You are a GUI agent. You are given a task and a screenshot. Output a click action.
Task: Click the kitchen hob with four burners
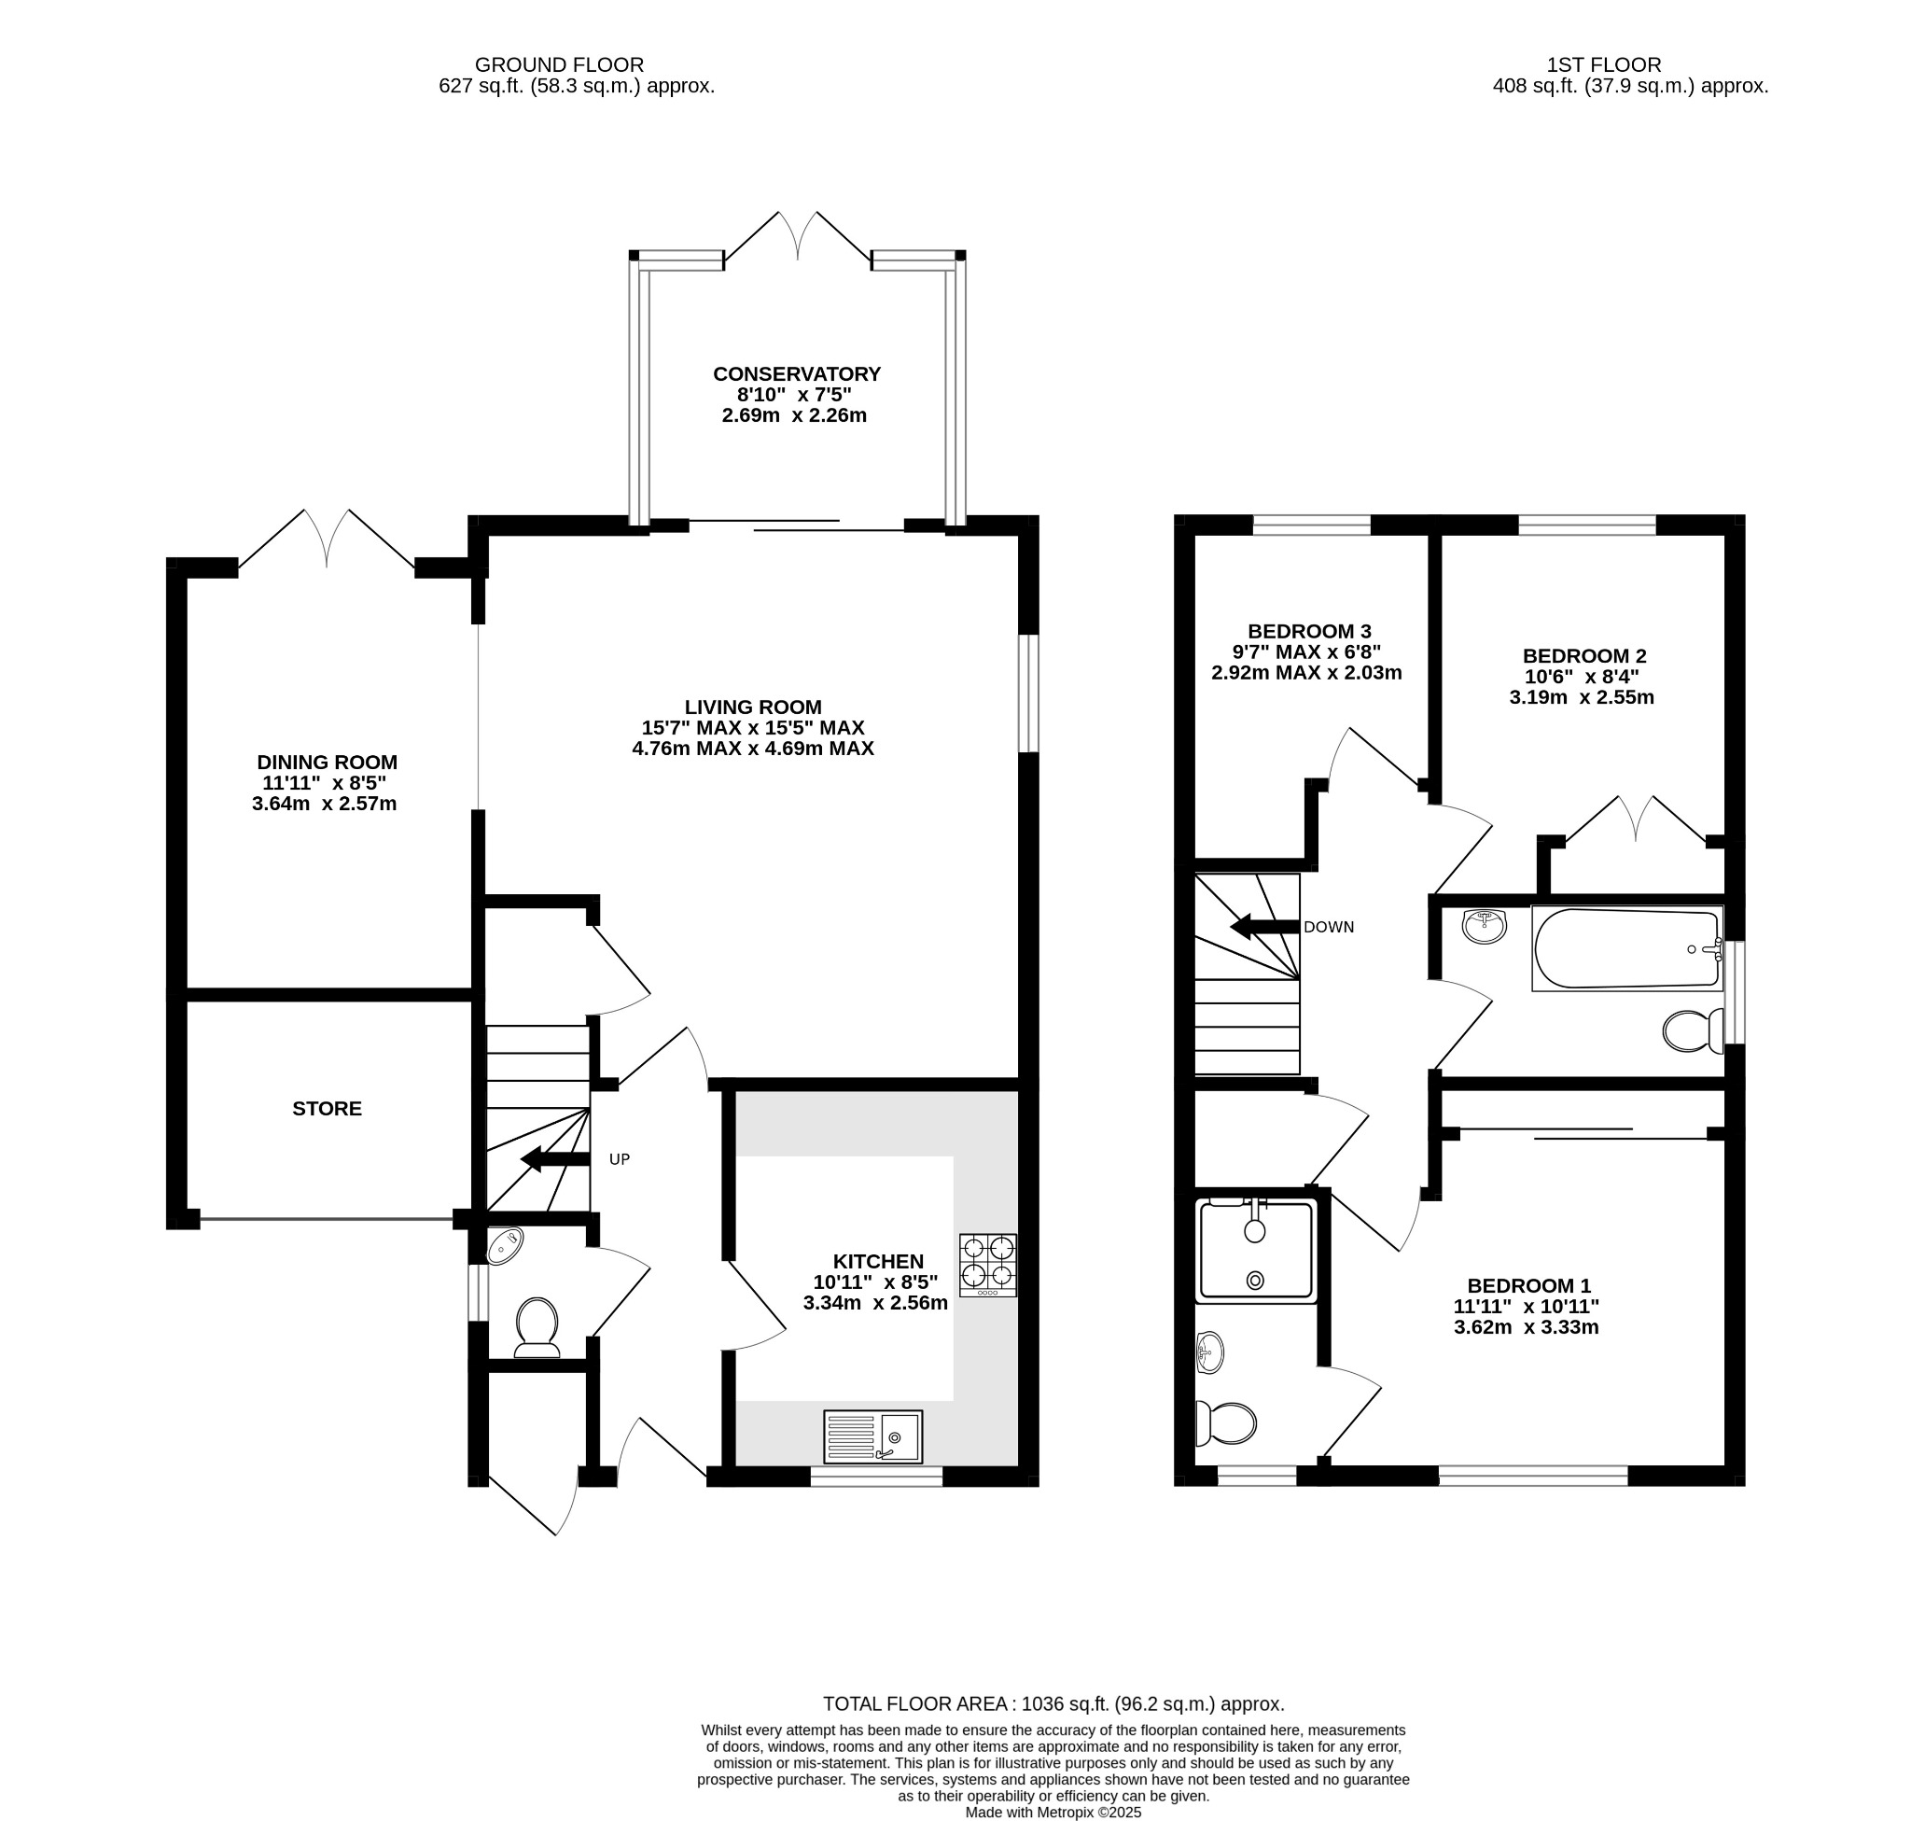(x=987, y=1265)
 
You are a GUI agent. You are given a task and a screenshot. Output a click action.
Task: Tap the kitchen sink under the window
(x=872, y=1436)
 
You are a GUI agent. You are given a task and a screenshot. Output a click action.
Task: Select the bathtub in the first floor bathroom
(x=1625, y=947)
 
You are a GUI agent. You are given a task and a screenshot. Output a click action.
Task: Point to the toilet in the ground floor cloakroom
(x=537, y=1326)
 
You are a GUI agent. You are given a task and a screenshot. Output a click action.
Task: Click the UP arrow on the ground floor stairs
(x=554, y=1158)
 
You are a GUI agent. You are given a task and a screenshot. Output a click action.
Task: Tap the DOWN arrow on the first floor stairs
(x=1262, y=927)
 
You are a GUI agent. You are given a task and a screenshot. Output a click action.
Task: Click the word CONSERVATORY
(x=796, y=373)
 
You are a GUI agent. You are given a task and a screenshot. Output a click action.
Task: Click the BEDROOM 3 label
(x=1308, y=630)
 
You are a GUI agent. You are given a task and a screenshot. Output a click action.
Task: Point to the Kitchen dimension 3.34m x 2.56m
(x=874, y=1303)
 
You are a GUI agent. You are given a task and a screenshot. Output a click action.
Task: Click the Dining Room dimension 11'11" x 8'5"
(x=325, y=782)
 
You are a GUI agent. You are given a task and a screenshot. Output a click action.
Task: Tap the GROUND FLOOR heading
(x=558, y=65)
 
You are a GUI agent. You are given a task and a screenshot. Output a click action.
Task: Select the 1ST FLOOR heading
(x=1602, y=65)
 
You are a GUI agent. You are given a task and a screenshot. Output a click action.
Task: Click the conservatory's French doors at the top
(x=797, y=238)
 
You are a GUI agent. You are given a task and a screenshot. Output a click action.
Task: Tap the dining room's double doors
(x=326, y=539)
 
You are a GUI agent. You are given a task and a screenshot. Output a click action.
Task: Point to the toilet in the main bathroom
(x=1692, y=1030)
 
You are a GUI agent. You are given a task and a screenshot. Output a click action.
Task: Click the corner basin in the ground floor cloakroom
(x=504, y=1244)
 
